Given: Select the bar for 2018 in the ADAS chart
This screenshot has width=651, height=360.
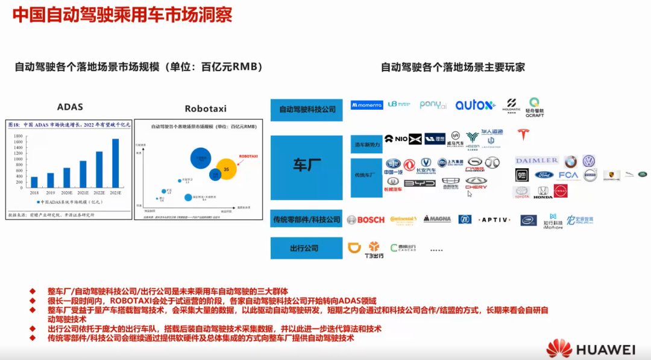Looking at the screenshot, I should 34,182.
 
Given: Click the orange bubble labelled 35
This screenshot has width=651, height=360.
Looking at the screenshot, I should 227,169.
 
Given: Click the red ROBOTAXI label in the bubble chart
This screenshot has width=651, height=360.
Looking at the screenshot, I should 248,156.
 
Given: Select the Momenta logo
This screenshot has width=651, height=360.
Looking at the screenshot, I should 367,105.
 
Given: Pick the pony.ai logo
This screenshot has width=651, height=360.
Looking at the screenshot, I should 433,105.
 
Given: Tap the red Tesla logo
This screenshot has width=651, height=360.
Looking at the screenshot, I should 522,134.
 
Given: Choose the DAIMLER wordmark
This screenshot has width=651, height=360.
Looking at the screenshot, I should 536,160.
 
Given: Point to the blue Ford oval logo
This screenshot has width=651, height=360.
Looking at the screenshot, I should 544,175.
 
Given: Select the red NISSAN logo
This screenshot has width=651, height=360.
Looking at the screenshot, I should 561,191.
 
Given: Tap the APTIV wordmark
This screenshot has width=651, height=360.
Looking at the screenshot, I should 495,219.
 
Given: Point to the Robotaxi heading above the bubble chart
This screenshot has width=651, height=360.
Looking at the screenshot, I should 206,109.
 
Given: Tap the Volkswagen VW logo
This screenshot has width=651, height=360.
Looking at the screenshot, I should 589,161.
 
